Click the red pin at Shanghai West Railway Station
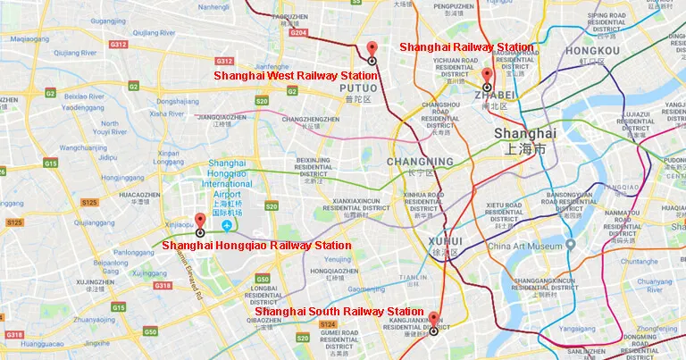372,49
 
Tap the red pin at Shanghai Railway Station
487,75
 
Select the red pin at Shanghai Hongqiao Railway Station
200,221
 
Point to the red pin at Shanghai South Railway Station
433,319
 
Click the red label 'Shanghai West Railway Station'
296,76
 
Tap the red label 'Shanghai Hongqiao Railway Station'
258,245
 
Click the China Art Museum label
525,246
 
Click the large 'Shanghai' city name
524,133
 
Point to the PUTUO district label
359,88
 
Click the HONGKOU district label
592,50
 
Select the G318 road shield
162,285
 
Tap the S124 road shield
328,324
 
